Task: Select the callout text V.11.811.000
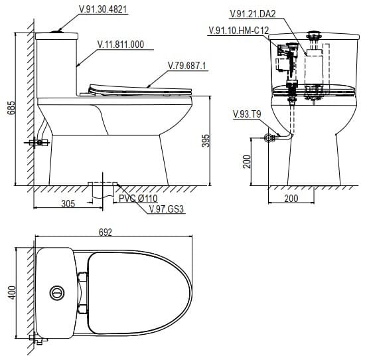coord(121,45)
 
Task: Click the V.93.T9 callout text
coord(247,115)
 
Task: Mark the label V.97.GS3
coord(166,209)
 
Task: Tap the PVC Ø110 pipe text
coord(138,199)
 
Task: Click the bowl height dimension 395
coord(206,140)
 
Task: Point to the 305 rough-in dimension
coord(68,205)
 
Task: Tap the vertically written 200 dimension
coord(247,161)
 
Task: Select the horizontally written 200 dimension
coord(291,198)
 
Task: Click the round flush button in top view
coord(58,292)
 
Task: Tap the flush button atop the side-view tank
coord(60,30)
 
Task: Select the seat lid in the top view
coord(136,292)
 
